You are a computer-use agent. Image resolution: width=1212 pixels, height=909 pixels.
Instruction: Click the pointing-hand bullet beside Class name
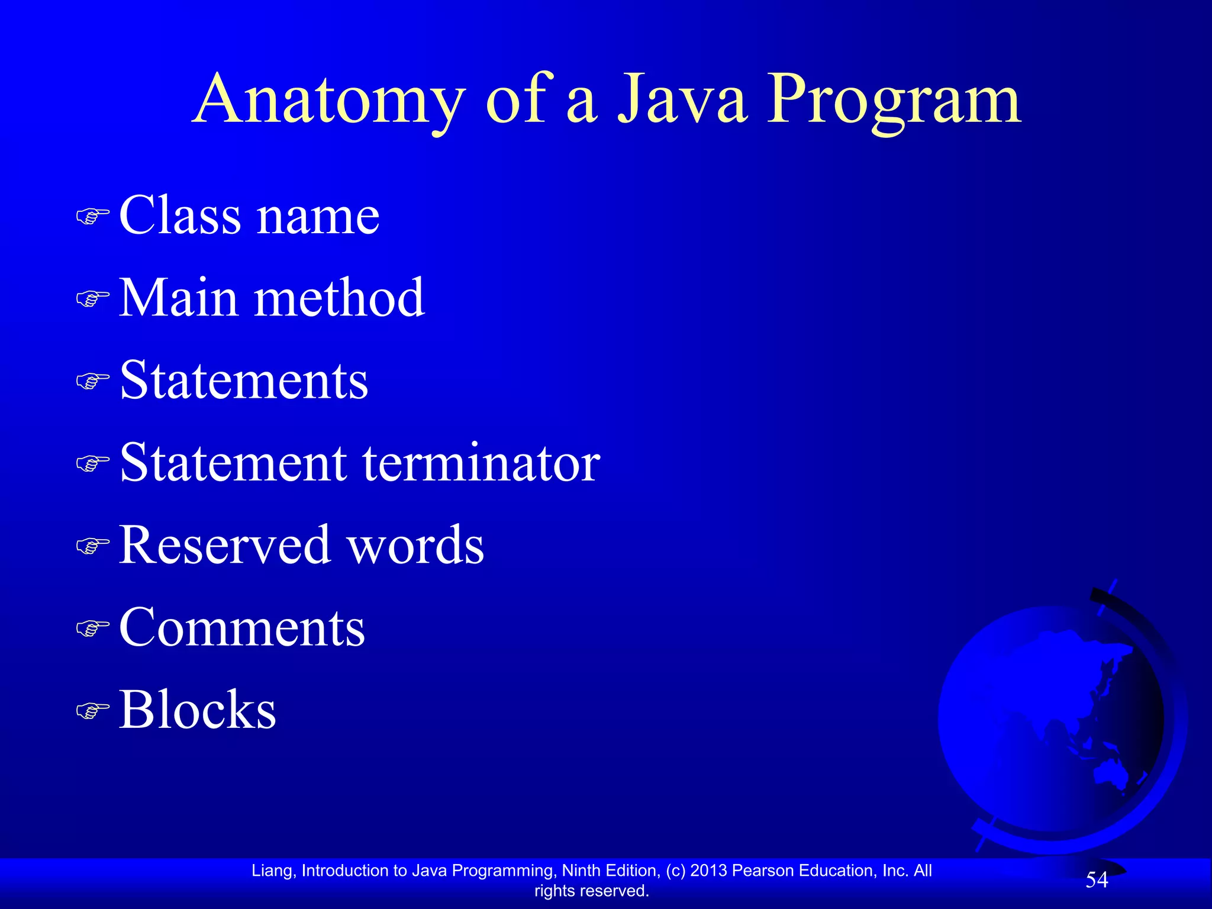(x=93, y=217)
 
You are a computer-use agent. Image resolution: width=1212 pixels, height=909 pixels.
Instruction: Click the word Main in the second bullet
(x=178, y=298)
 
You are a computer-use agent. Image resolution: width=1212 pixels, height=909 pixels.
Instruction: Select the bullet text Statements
(x=244, y=381)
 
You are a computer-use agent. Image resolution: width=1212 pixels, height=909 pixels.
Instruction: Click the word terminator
(x=481, y=463)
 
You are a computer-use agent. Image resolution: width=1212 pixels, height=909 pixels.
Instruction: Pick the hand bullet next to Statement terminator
(x=93, y=463)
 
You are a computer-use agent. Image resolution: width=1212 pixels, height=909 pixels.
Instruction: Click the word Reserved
(x=224, y=545)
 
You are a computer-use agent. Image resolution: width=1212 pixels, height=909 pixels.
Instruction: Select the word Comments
(x=242, y=627)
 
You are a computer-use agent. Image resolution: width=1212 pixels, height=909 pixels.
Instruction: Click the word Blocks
(x=197, y=710)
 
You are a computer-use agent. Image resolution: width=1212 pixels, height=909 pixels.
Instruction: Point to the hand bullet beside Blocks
(x=93, y=710)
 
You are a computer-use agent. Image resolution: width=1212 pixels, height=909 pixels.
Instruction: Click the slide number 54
(x=1096, y=880)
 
